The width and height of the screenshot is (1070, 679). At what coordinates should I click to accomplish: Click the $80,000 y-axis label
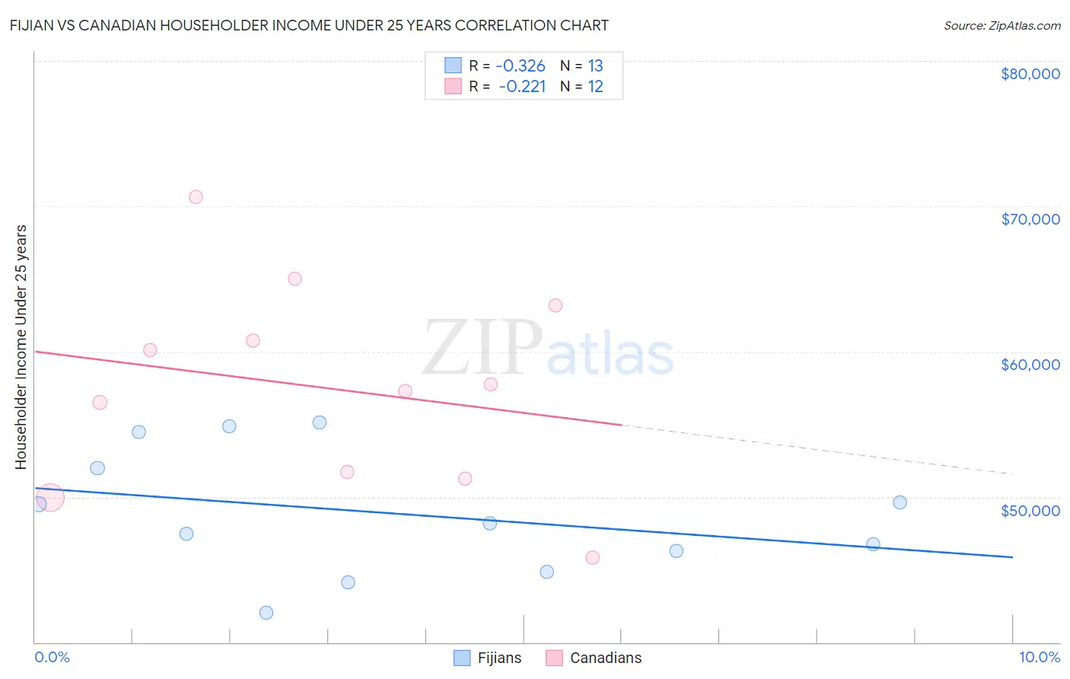[x=1030, y=74]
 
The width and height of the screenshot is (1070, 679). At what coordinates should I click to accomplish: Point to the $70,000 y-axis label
[x=1030, y=219]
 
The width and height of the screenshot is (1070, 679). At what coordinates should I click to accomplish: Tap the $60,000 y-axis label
[x=1030, y=365]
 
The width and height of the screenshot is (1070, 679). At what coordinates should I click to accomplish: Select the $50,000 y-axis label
[x=1030, y=510]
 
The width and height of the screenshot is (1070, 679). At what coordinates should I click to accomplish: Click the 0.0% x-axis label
[x=52, y=657]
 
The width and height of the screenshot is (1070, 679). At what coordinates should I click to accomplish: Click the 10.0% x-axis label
[x=1039, y=657]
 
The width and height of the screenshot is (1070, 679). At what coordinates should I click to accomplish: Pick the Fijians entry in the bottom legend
[x=488, y=658]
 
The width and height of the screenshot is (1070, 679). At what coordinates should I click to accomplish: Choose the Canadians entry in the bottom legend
[x=594, y=658]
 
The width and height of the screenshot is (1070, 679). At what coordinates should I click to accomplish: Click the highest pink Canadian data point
[x=196, y=197]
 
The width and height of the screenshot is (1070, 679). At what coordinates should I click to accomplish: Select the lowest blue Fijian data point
[x=266, y=613]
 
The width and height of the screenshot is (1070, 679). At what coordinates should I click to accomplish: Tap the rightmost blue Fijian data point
[x=900, y=502]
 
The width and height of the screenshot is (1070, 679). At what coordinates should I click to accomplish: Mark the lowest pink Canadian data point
[x=593, y=558]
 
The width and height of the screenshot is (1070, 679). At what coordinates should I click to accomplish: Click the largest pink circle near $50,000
[x=50, y=498]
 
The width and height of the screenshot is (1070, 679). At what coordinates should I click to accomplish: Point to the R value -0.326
[x=521, y=66]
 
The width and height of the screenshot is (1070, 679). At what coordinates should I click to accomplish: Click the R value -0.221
[x=522, y=87]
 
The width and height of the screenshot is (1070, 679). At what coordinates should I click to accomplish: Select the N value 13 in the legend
[x=595, y=66]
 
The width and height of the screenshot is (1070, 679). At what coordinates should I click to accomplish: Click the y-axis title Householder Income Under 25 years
[x=21, y=346]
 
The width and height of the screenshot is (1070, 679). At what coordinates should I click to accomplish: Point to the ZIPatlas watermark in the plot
[x=548, y=349]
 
